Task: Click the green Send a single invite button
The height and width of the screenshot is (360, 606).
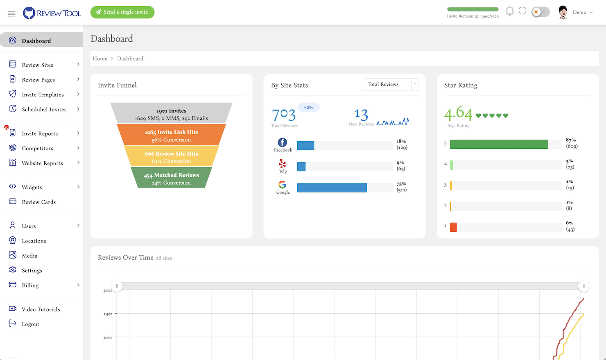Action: click(122, 12)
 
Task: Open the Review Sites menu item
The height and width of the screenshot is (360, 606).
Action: click(38, 65)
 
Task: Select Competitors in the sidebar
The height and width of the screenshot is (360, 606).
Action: click(37, 148)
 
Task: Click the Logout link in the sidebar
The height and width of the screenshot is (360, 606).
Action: click(30, 324)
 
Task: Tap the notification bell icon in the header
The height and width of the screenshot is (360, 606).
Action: click(509, 11)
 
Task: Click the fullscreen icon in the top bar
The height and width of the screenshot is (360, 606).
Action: click(522, 11)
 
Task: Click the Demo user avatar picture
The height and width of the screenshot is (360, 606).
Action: click(563, 12)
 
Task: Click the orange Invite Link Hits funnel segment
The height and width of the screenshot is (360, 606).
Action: click(171, 136)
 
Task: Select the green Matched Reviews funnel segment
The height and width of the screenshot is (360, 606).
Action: click(171, 179)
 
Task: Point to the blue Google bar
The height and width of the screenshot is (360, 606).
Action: click(332, 188)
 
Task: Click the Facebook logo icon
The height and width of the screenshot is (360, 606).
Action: click(283, 142)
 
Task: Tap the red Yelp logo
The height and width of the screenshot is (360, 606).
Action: click(283, 164)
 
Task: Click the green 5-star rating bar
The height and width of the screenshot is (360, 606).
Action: click(498, 144)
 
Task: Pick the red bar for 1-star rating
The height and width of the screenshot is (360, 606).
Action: click(453, 227)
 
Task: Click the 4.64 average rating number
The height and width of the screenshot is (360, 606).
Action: click(458, 113)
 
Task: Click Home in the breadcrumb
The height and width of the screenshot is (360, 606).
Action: click(100, 59)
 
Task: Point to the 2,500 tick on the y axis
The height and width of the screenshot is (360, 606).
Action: click(108, 314)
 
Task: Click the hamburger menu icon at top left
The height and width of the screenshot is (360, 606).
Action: click(11, 14)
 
